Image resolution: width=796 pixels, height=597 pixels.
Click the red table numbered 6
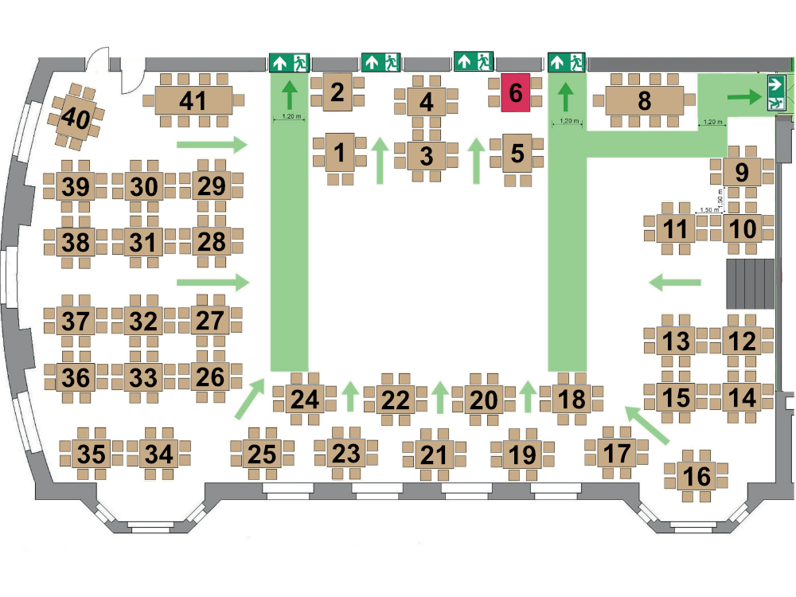click(515, 92)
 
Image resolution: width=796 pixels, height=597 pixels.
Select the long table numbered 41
click(193, 100)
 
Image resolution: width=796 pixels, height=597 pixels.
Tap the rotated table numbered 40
click(76, 117)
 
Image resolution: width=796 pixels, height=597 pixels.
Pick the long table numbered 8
click(644, 100)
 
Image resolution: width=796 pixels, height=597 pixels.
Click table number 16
click(696, 476)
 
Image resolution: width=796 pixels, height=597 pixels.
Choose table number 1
click(340, 152)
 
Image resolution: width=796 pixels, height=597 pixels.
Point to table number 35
click(92, 454)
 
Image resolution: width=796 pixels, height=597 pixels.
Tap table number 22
click(395, 400)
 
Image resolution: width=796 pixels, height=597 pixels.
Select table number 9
click(742, 172)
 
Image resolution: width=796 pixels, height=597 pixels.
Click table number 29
click(211, 185)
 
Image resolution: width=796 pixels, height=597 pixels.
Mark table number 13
click(676, 341)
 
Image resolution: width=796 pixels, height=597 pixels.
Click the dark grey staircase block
click(751, 284)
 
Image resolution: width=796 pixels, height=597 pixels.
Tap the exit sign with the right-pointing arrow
click(776, 92)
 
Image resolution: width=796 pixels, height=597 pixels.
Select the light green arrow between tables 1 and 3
click(380, 161)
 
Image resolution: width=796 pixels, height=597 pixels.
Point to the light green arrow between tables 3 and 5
click(476, 161)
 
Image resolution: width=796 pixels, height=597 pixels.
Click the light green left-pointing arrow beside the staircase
click(675, 283)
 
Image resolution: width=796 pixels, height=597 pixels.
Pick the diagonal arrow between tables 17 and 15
click(647, 425)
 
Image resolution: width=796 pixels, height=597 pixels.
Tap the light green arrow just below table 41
click(212, 145)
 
